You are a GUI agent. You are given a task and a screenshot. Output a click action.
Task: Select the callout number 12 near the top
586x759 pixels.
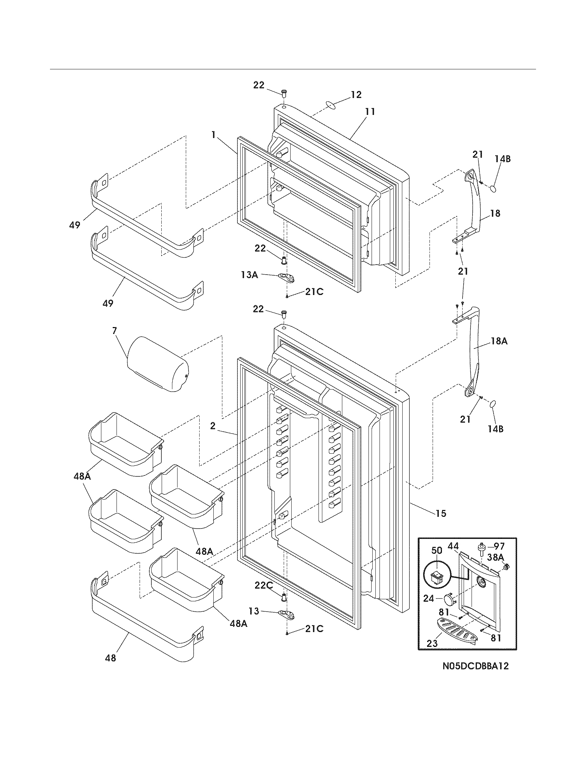coord(356,95)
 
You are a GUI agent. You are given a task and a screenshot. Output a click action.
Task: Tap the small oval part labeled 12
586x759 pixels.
coord(331,106)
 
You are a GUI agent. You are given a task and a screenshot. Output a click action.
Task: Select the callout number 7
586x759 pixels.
coord(114,331)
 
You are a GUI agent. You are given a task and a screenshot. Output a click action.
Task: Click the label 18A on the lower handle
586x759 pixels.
coord(499,341)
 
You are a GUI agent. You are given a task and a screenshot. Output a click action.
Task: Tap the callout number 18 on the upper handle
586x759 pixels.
coord(495,213)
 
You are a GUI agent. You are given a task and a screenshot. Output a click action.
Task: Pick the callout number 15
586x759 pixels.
coord(441,513)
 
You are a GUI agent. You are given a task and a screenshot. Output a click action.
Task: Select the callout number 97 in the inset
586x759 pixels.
coord(499,547)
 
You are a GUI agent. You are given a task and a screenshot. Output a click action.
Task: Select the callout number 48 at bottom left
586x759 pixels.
coord(110,658)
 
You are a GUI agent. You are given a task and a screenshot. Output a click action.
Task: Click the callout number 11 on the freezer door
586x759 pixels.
coord(370,111)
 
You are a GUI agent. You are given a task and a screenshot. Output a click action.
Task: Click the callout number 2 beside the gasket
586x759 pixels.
coord(212,426)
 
